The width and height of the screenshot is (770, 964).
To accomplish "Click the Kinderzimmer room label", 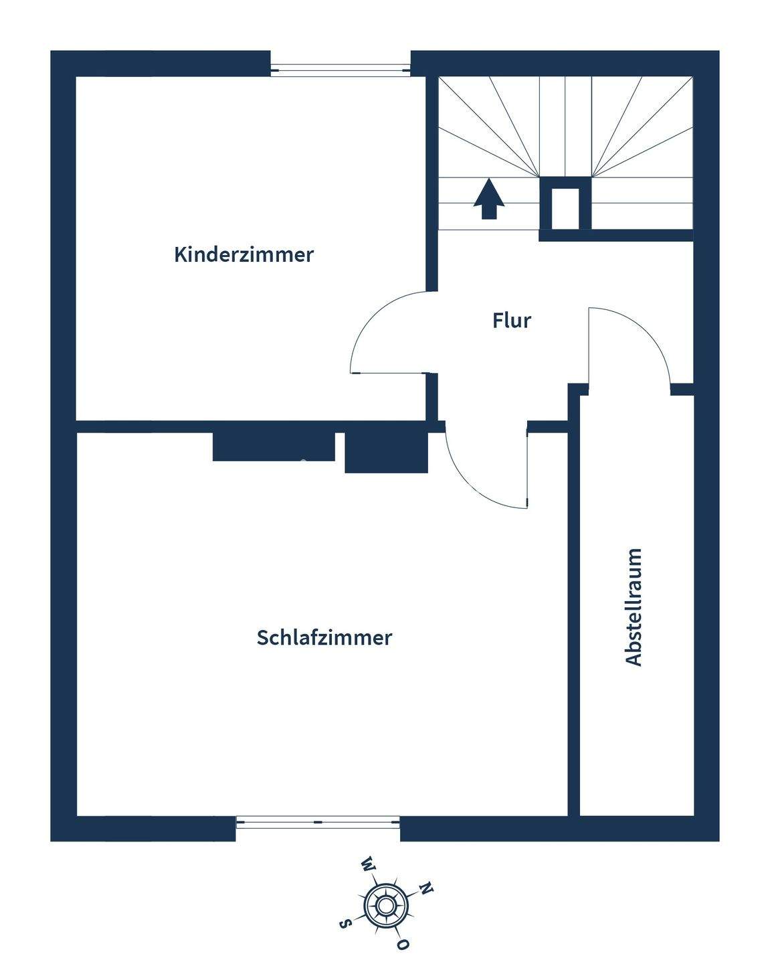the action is pos(244,255).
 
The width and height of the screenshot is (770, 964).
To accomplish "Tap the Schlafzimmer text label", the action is pos(324,637).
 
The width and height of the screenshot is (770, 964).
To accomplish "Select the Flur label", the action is pos(512,321).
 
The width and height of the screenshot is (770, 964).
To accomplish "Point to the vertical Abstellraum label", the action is pos(633,607).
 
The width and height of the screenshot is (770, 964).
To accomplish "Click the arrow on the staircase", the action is pos(489,199).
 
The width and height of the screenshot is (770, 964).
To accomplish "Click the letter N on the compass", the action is pos(426,888).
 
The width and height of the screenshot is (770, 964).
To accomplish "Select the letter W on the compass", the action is pos(367,864).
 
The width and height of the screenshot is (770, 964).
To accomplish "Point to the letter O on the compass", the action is pos(402,945).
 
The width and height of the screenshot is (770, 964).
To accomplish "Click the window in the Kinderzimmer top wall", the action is pos(341,68).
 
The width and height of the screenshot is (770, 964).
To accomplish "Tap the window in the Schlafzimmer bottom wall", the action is pos(318,821).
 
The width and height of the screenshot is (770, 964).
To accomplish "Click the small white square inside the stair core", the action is pos(565,208).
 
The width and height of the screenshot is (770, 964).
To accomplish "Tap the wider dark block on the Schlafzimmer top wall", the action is pos(273,447).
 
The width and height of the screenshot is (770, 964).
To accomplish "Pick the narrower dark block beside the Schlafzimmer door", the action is pos(385,453).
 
